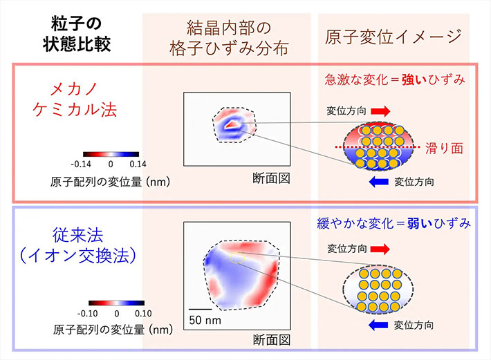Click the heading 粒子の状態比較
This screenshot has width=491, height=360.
[77, 34]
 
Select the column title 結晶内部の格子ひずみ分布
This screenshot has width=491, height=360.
[229, 38]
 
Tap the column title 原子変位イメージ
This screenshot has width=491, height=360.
[393, 37]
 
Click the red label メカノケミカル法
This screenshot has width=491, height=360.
[75, 100]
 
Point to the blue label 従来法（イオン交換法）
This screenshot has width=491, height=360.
[78, 245]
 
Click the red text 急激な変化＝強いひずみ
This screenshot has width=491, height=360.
[395, 79]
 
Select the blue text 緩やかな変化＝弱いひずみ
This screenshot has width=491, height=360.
[394, 223]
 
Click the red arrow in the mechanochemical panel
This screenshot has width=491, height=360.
[380, 111]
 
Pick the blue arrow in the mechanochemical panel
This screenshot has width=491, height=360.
[379, 182]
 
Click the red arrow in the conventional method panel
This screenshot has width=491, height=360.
[380, 249]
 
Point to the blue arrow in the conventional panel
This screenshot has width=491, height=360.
[378, 325]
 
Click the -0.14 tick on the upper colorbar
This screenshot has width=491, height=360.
[81, 164]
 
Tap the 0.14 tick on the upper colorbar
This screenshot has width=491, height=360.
[138, 164]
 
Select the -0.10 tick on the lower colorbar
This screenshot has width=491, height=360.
[87, 314]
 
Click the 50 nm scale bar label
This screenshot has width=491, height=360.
[205, 320]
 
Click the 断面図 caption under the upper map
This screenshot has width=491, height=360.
[272, 178]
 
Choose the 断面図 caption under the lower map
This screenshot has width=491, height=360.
[272, 340]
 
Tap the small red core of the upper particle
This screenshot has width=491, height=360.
[232, 124]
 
